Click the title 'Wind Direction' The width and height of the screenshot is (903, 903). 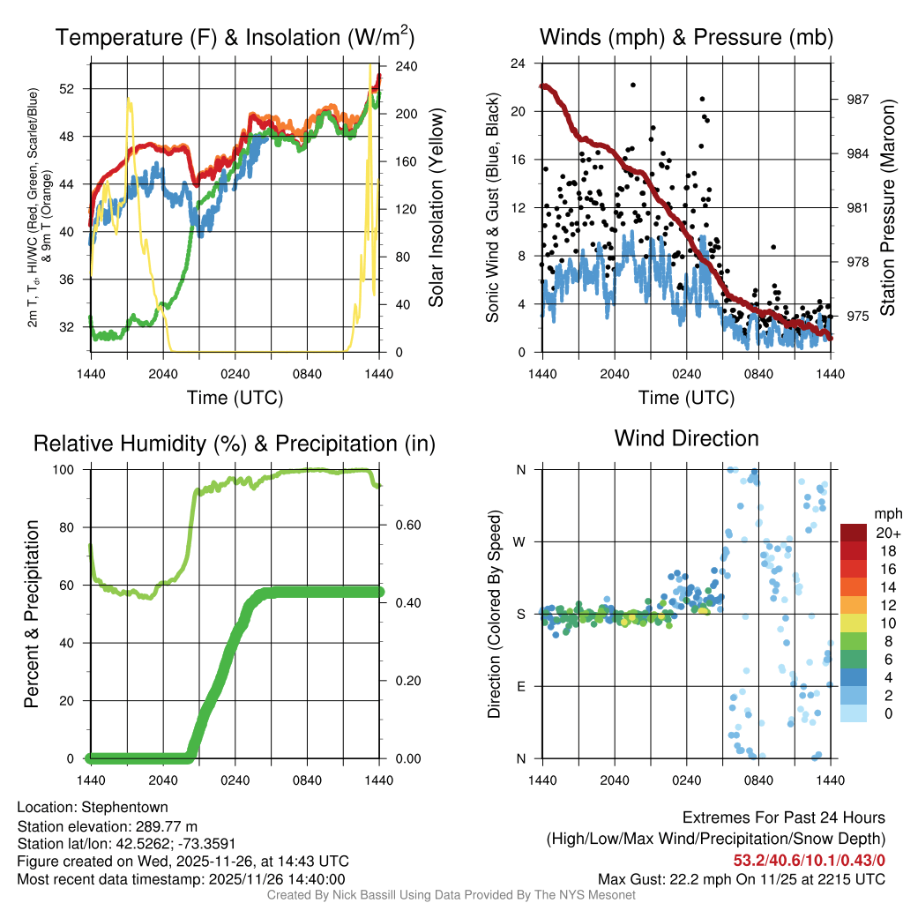pyautogui.click(x=686, y=438)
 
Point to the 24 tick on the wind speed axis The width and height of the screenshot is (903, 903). pyautogui.click(x=519, y=63)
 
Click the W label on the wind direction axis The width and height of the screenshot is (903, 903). pyautogui.click(x=520, y=541)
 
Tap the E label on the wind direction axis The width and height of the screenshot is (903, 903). pyautogui.click(x=521, y=686)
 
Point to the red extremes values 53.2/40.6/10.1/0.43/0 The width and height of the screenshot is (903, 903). pyautogui.click(x=809, y=860)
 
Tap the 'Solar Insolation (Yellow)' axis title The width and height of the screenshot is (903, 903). pyautogui.click(x=436, y=208)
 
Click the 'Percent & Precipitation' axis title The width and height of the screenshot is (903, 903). pyautogui.click(x=32, y=614)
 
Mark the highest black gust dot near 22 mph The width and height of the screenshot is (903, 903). pyautogui.click(x=633, y=85)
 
